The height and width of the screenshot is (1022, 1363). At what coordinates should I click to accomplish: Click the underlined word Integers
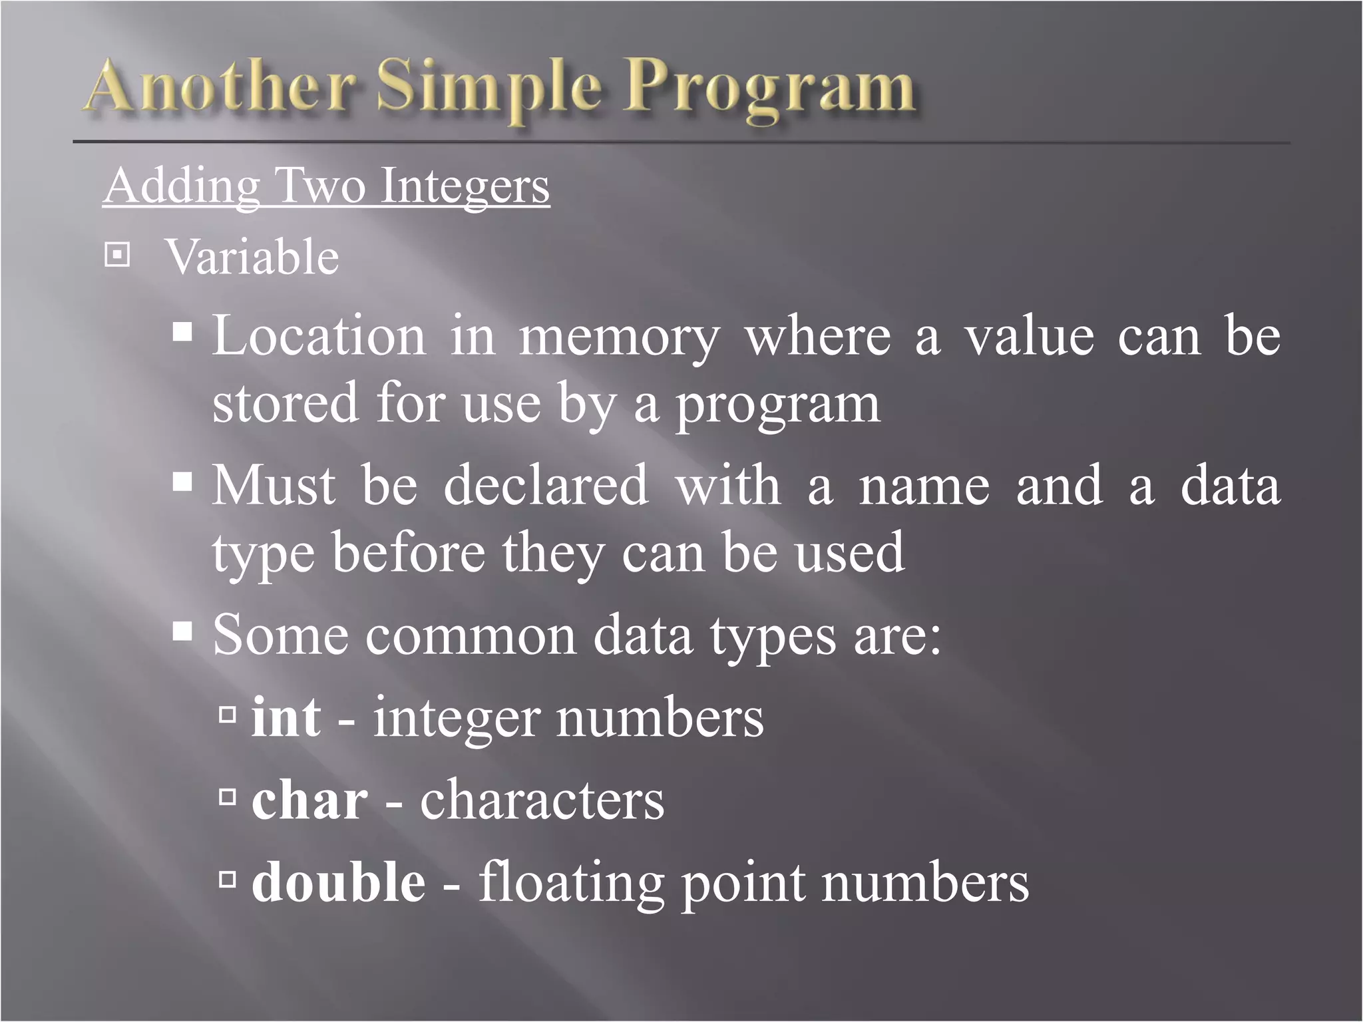465,186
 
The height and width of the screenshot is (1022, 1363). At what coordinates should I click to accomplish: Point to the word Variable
252,257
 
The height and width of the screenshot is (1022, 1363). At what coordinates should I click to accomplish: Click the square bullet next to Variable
117,255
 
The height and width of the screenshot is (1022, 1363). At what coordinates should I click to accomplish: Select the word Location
319,336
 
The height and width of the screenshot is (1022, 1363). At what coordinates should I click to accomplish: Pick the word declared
546,485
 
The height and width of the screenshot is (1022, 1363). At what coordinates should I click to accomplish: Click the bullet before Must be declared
182,481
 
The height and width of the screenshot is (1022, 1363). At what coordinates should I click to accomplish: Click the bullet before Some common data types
182,630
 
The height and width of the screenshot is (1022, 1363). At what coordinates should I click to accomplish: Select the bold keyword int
286,717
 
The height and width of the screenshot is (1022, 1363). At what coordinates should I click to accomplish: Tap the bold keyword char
309,800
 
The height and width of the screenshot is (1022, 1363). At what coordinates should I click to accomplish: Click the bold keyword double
339,882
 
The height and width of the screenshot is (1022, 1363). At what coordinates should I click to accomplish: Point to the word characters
542,800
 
